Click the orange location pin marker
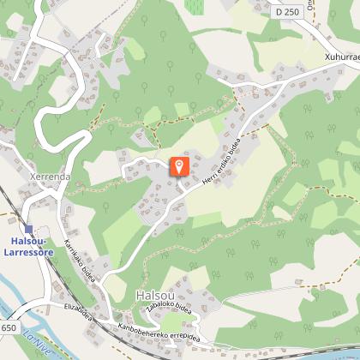(x=180, y=166)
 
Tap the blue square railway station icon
(x=30, y=229)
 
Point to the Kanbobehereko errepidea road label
(x=159, y=329)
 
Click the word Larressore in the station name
(x=31, y=253)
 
